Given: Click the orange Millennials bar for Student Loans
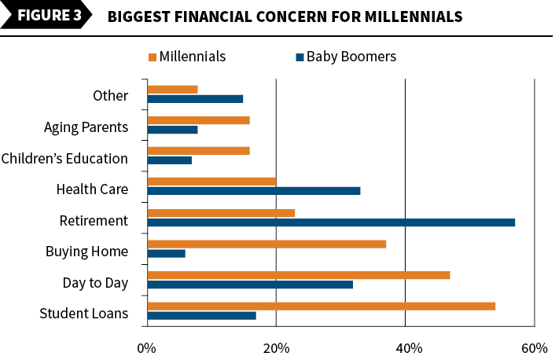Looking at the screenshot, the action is coord(322,307).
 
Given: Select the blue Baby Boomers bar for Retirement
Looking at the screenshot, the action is coord(331,222).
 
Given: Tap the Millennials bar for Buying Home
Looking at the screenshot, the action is coord(266,244).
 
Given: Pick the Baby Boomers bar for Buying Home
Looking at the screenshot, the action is coord(167,253).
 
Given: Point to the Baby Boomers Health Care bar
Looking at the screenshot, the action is coord(254,191).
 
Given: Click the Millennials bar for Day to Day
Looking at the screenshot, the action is coord(299,275).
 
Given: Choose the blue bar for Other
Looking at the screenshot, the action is coord(196,99).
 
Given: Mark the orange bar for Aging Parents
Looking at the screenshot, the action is coord(199,120).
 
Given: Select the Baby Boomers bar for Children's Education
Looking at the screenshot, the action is coord(170,160).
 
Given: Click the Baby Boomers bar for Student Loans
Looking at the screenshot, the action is coord(202,316).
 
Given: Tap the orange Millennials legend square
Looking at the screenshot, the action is coord(153,57).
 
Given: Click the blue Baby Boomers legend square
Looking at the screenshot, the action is coord(300,57).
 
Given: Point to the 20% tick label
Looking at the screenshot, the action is coord(276,349).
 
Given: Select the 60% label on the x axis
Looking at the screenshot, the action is coord(534,349).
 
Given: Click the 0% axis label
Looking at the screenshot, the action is coord(146,349).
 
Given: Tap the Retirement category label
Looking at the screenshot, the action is coord(94,221).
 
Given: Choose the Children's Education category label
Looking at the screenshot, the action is coord(64,159).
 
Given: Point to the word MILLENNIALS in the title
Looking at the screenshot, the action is coord(413,17).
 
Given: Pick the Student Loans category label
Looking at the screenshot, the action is coord(84,314).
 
